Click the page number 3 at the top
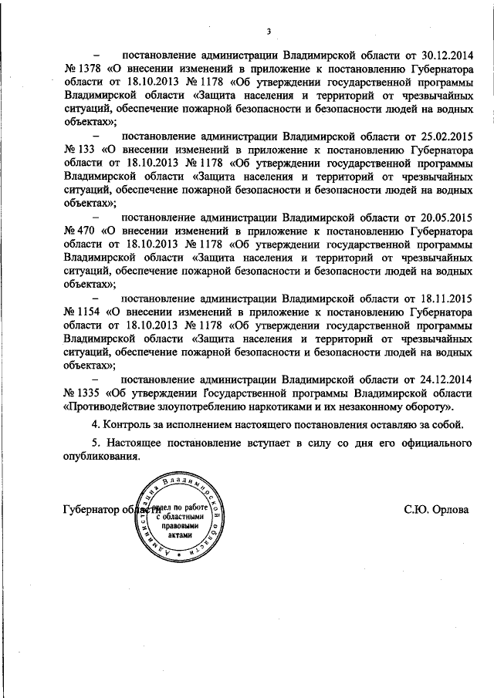point(268,32)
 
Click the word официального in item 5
point(433,444)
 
